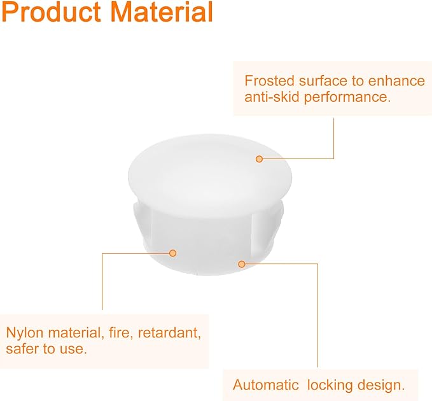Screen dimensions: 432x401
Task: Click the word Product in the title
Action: (x=52, y=12)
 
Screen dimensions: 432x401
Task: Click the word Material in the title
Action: (x=162, y=12)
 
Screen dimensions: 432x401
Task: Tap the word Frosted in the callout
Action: (x=270, y=81)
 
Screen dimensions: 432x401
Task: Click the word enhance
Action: (x=396, y=81)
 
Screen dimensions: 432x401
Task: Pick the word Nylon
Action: (x=25, y=333)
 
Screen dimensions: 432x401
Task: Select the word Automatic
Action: (x=266, y=384)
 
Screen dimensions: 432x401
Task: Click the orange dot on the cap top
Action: (x=259, y=159)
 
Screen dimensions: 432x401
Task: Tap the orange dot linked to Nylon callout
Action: (x=173, y=253)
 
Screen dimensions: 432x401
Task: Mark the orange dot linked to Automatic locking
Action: (x=242, y=264)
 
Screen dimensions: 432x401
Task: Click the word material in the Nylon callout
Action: (x=76, y=333)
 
